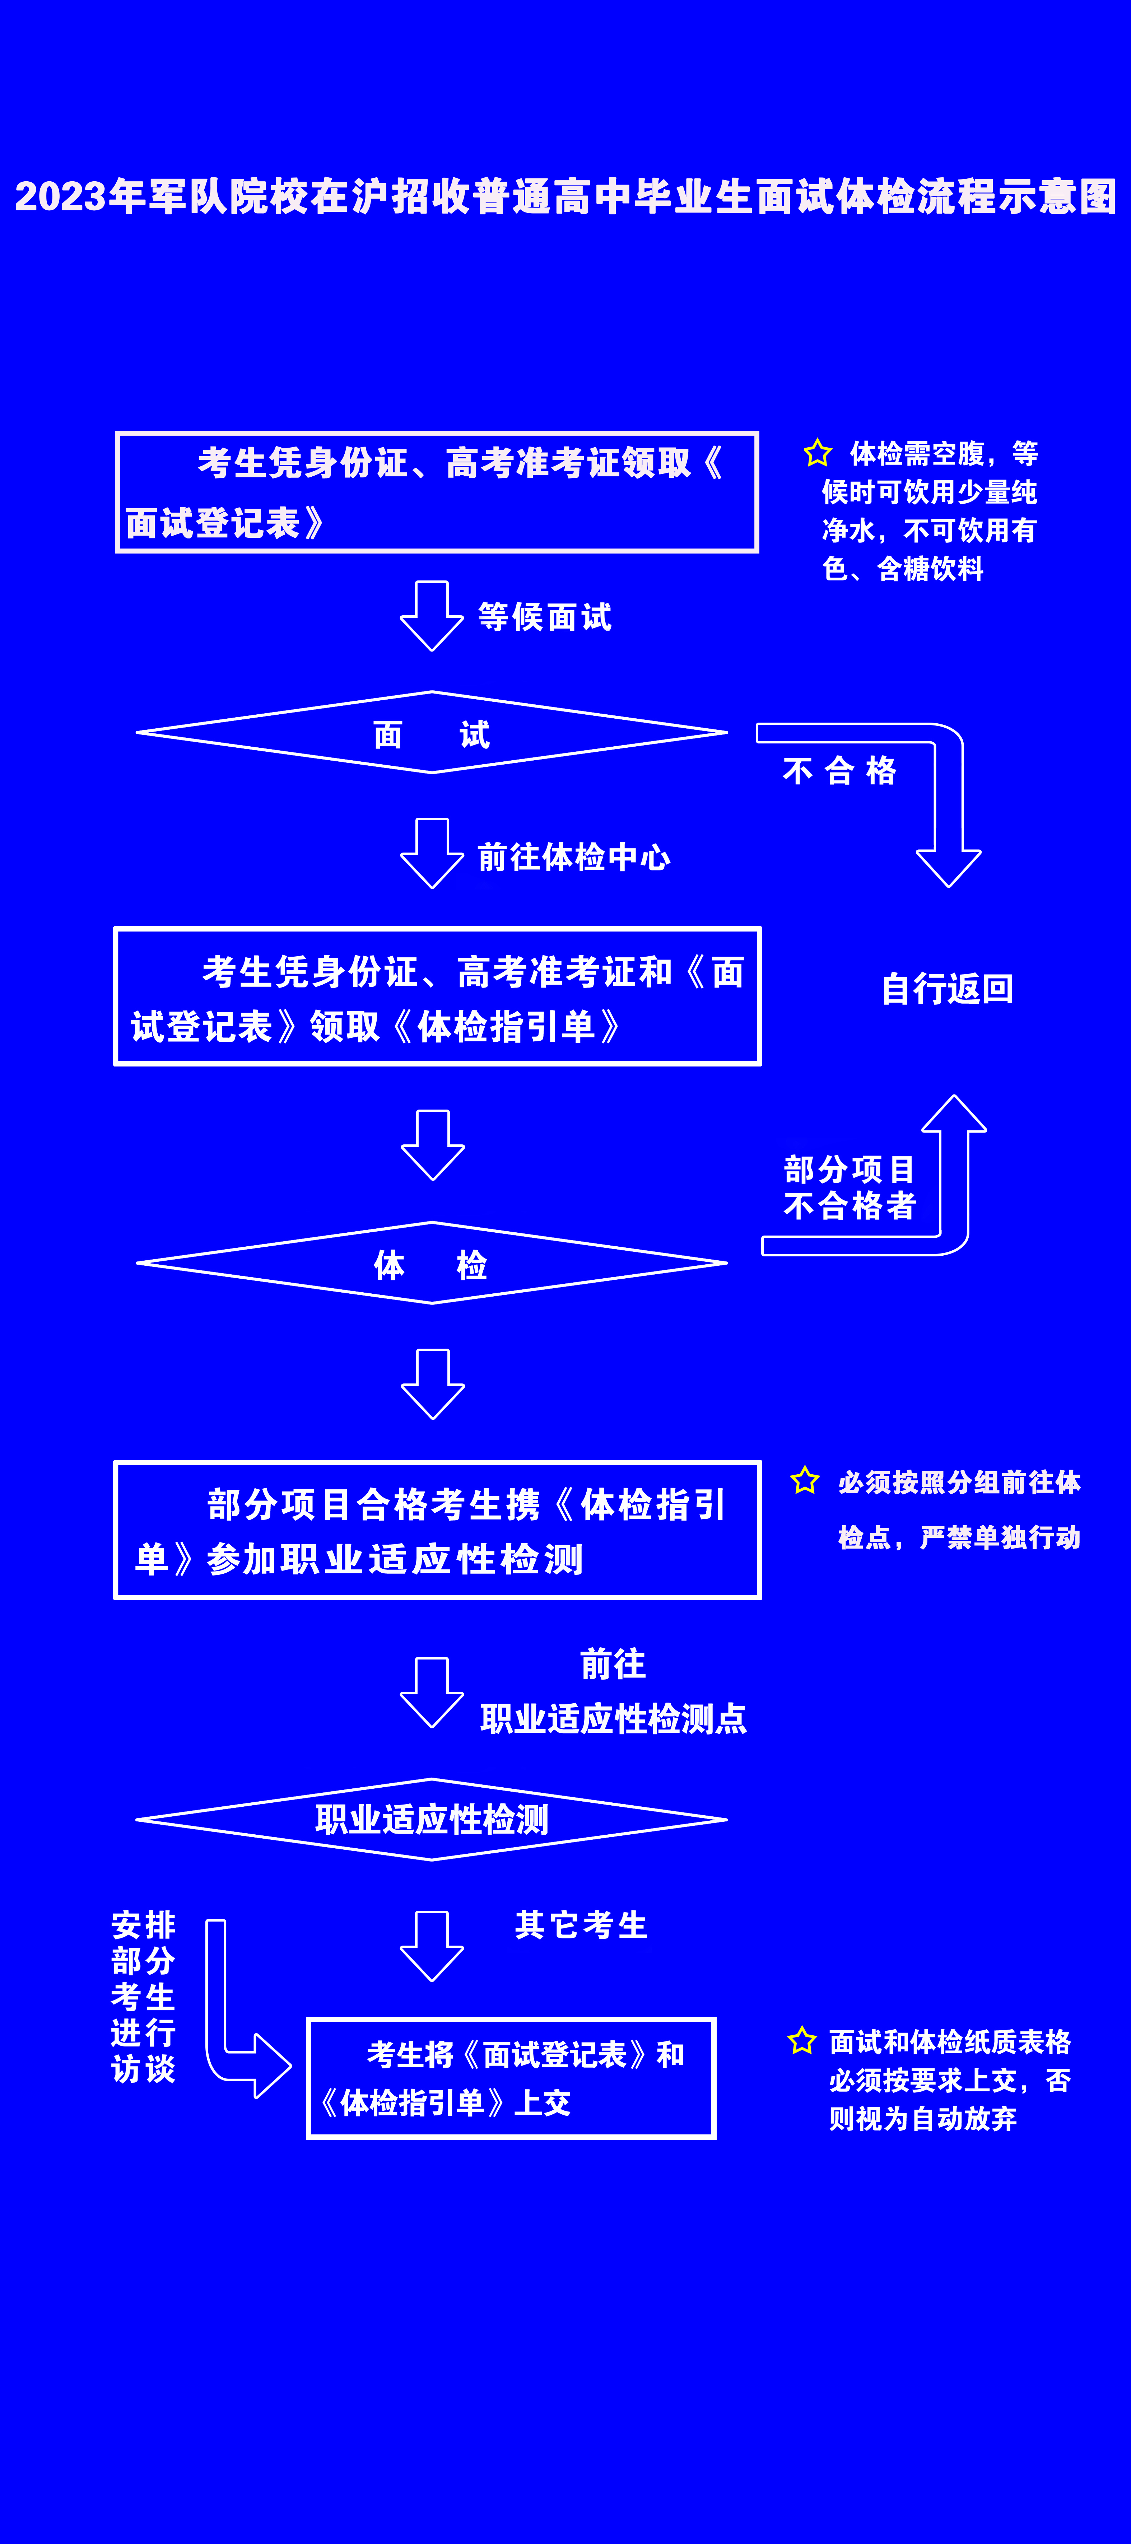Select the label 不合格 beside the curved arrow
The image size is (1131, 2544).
point(839,770)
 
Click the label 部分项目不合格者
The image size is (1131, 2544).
point(850,1187)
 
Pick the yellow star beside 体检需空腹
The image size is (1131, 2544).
point(818,453)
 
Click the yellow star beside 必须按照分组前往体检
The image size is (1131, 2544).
point(805,1480)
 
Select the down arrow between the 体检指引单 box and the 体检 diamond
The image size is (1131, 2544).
point(433,1145)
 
